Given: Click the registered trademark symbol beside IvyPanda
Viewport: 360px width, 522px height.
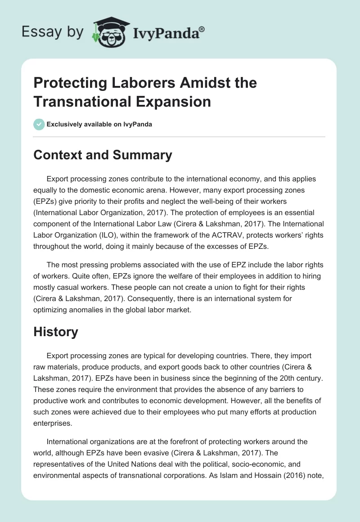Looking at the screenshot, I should (202, 29).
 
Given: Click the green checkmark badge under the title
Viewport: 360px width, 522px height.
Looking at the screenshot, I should (39, 124).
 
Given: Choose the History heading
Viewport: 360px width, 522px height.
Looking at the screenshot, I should (56, 332).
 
